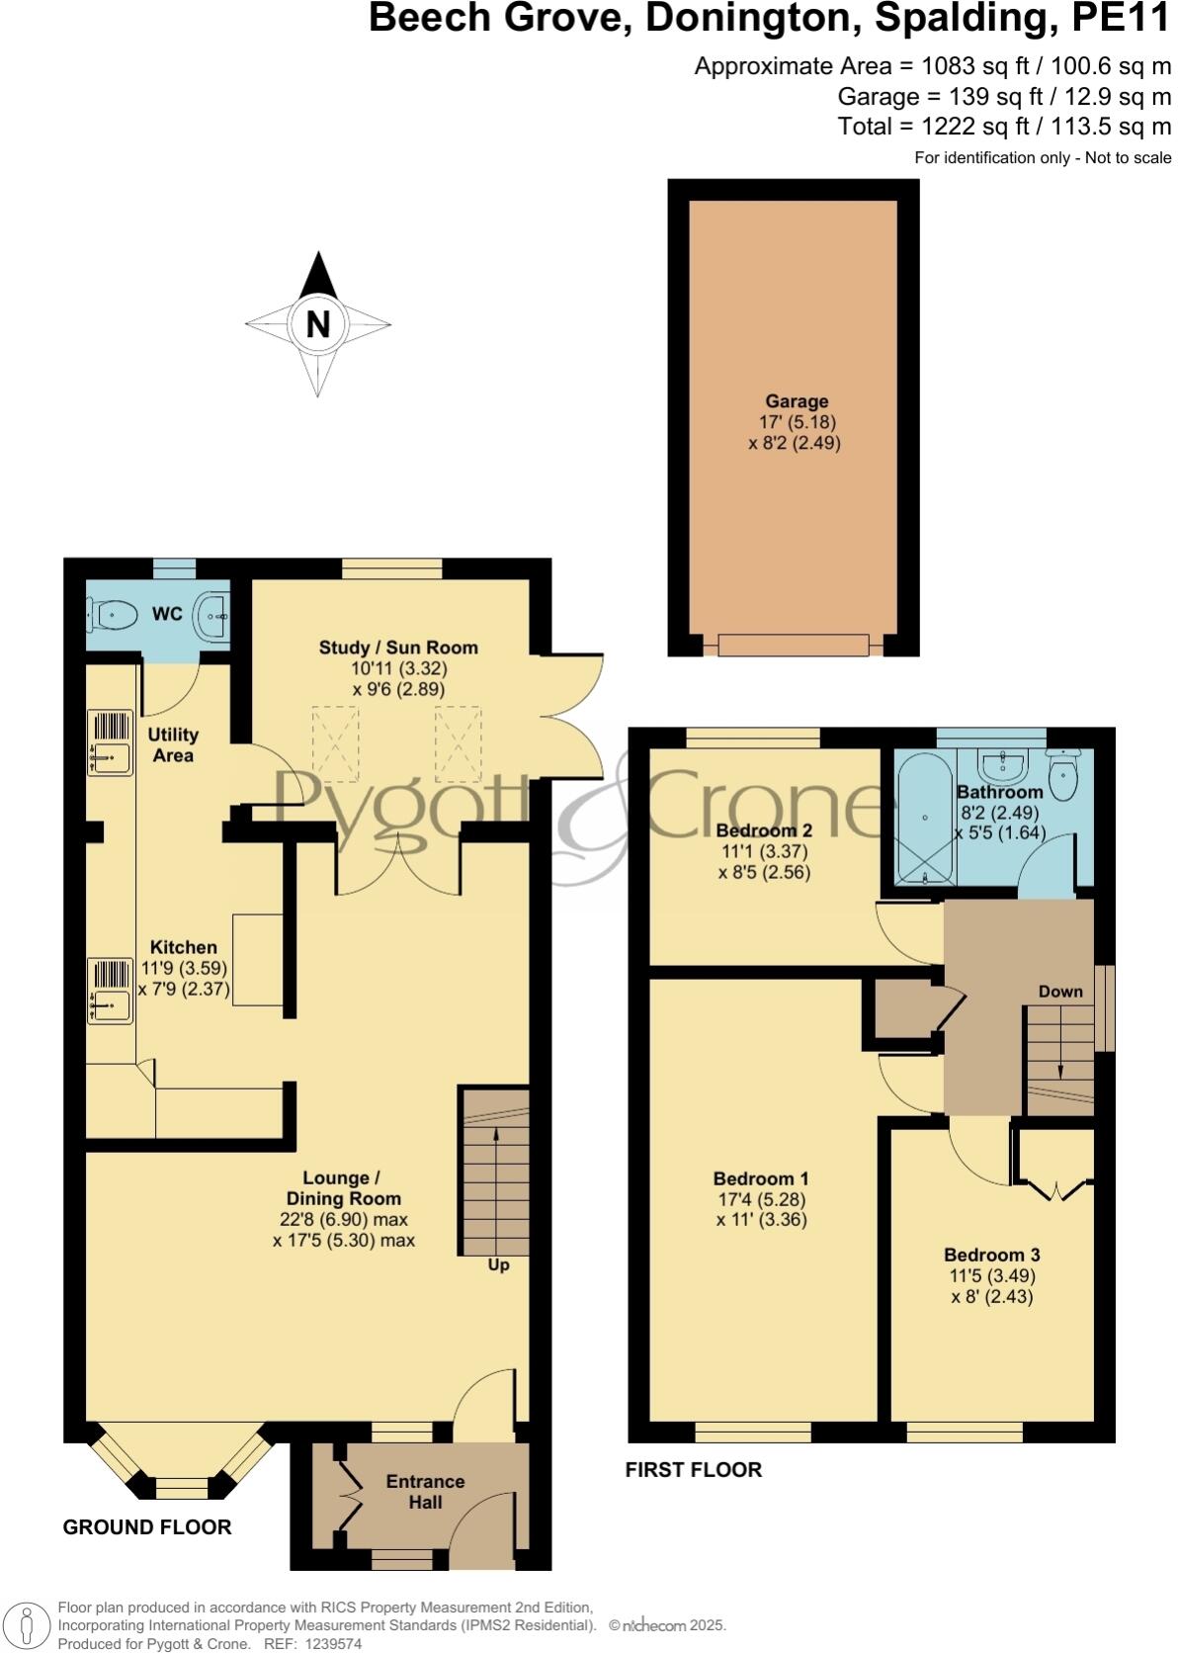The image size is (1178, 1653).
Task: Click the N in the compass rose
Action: (x=317, y=324)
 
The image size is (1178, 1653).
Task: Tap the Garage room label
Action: (x=797, y=401)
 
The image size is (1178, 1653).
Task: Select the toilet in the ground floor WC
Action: (x=111, y=616)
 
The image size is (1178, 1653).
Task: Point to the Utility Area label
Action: (x=173, y=744)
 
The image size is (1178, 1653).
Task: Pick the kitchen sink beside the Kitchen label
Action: (x=110, y=1005)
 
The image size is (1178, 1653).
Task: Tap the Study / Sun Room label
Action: (x=398, y=648)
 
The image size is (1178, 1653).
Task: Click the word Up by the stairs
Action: (x=499, y=1264)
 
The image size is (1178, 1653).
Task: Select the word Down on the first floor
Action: (x=1059, y=992)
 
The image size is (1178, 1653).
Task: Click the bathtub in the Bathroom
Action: (x=923, y=818)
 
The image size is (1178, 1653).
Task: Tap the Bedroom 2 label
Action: (x=764, y=830)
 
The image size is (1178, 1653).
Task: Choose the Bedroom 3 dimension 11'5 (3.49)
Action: (x=991, y=1275)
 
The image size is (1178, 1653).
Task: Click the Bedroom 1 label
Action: (x=761, y=1178)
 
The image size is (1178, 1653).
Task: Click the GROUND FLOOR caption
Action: (x=147, y=1527)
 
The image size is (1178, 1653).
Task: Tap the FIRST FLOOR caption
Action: (x=694, y=1470)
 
